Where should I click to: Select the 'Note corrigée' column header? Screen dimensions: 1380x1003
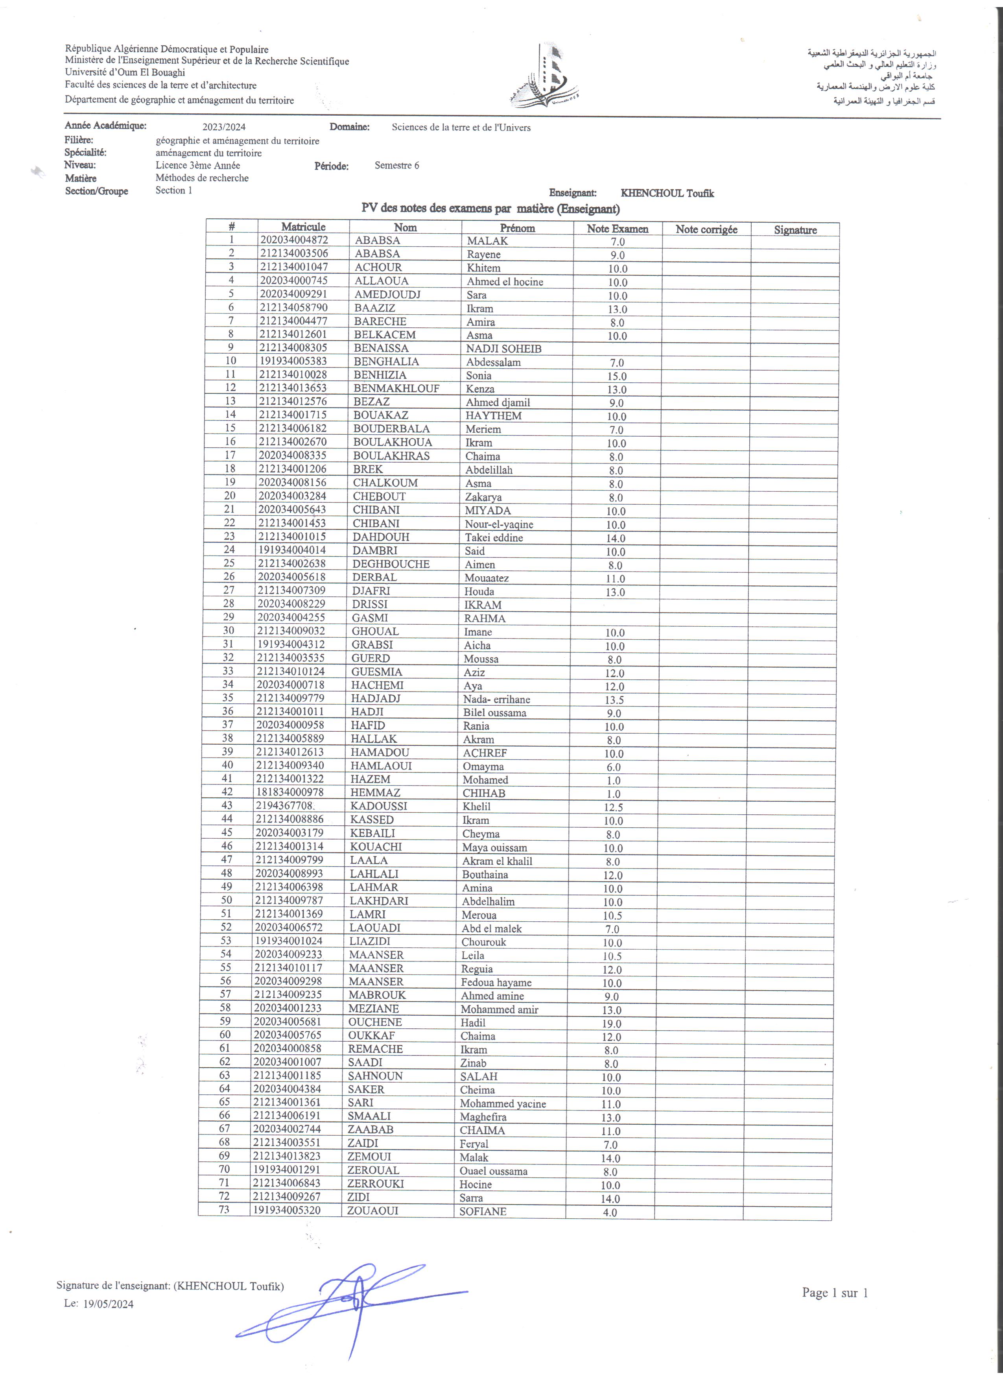tap(706, 229)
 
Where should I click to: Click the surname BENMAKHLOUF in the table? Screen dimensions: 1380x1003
tap(396, 388)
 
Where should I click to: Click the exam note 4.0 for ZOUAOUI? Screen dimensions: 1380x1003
tap(609, 1212)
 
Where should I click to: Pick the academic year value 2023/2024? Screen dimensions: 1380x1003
tap(224, 127)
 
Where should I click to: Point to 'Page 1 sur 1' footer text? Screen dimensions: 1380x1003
tap(835, 1292)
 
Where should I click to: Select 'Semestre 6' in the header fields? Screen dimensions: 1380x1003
tap(396, 166)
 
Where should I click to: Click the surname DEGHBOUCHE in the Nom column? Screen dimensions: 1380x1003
tap(391, 564)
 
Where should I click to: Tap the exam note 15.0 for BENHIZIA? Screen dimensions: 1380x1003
tap(617, 376)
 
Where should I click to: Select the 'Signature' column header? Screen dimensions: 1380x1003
tap(795, 230)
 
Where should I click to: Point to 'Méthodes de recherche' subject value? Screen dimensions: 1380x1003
tap(202, 178)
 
